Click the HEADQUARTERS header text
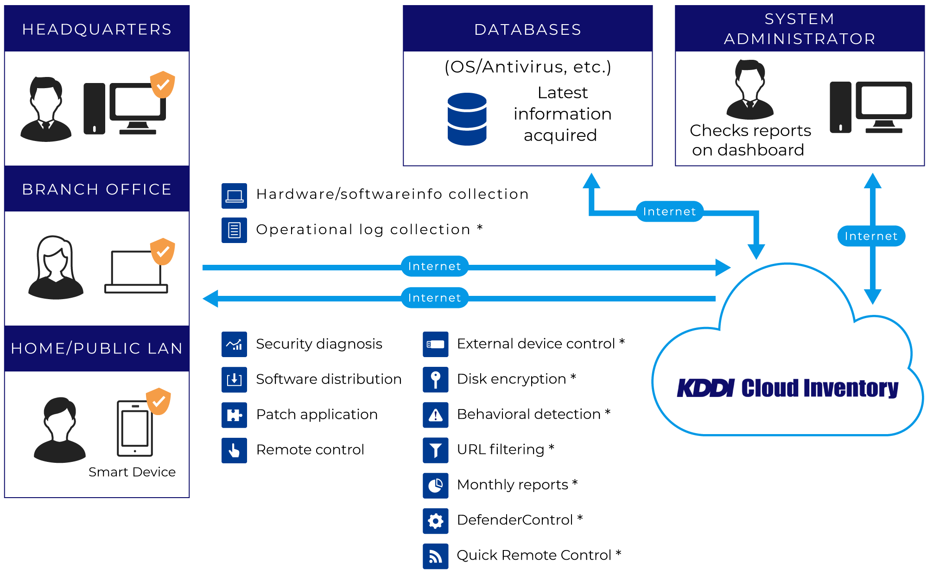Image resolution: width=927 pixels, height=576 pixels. coord(97,29)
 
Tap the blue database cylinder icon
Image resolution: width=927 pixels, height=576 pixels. coord(467,119)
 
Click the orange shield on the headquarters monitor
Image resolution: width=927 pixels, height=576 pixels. coord(163,84)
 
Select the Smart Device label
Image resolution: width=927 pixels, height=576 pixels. coord(132,472)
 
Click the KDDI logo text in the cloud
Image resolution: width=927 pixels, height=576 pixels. coord(705,388)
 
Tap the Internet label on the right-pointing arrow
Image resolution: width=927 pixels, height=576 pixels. coord(434,266)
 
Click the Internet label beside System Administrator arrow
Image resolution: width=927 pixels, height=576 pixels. coord(871,236)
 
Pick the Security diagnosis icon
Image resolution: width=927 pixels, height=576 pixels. coord(234,344)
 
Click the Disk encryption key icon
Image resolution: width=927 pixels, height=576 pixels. coord(435,379)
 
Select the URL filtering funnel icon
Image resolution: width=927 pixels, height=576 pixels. coord(435,450)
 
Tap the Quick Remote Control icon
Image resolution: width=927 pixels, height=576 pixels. coord(435,556)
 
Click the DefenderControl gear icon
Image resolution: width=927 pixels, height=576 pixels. coord(435,521)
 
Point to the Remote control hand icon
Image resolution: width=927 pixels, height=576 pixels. coord(234,450)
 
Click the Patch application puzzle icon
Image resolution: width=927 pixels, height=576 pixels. coord(234,415)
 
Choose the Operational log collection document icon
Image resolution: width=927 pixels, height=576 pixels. coord(234,230)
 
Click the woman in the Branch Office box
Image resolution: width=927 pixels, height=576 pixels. coord(56,268)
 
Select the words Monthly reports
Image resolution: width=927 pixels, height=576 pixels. coord(512,485)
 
